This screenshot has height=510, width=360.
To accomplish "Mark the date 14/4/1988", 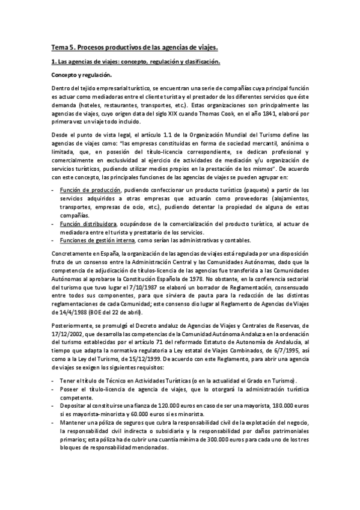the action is (68, 313).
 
